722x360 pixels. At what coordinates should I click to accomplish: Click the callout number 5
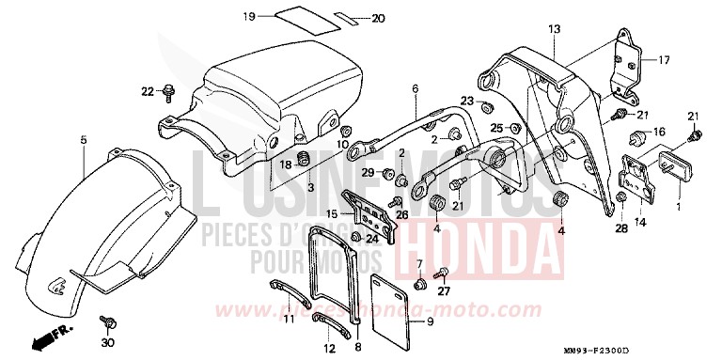tap(84, 140)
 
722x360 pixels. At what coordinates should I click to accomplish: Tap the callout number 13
tap(554, 29)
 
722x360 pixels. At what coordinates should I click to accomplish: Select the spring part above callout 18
tap(304, 156)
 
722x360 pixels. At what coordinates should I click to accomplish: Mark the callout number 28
tap(621, 227)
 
